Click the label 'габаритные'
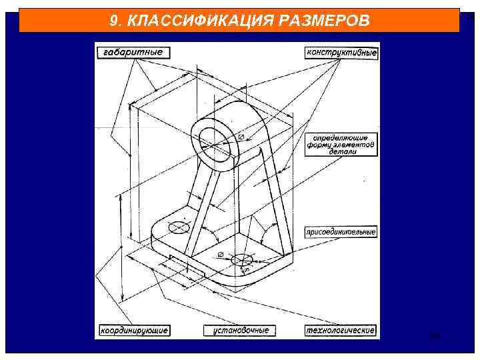point(133,52)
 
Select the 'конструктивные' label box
point(342,52)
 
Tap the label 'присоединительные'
point(341,232)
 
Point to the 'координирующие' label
point(134,330)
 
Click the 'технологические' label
point(341,330)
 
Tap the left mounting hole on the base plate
point(179,227)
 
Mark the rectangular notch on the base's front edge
point(186,265)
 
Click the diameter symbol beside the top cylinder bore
point(241,137)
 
